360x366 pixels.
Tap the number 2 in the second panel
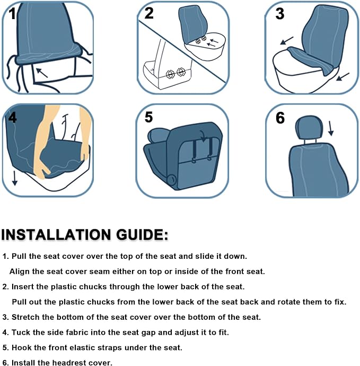pyautogui.click(x=149, y=13)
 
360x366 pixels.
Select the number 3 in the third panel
pyautogui.click(x=280, y=14)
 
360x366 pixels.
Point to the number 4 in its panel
pyautogui.click(x=12, y=118)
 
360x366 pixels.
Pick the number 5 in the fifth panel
pyautogui.click(x=149, y=117)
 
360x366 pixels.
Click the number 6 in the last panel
pyautogui.click(x=280, y=118)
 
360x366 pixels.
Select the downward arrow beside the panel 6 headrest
pyautogui.click(x=331, y=128)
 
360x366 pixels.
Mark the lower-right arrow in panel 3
pyautogui.click(x=343, y=77)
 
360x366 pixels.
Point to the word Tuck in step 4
pyautogui.click(x=21, y=333)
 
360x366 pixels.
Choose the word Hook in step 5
pyautogui.click(x=22, y=347)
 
